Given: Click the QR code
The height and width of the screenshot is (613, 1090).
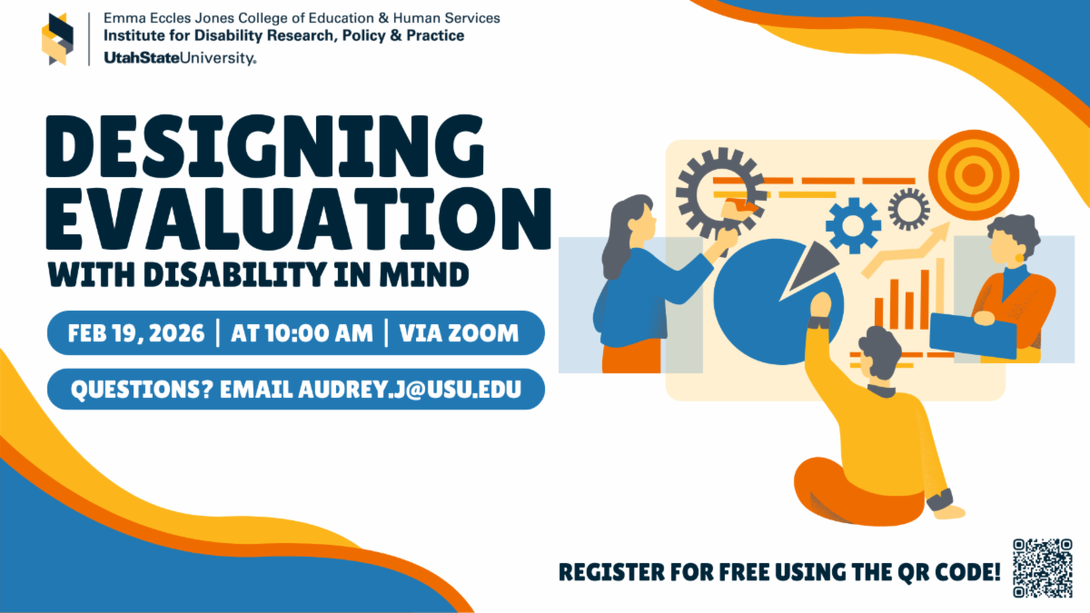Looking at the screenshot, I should (x=1042, y=569).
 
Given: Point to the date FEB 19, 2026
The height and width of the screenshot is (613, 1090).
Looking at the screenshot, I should (x=135, y=333).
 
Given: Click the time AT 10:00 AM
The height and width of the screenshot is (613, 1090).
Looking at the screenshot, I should (x=302, y=333).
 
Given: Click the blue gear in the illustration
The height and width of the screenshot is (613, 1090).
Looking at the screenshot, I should (x=853, y=225).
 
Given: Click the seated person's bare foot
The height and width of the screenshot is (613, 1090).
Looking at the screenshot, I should (x=949, y=513).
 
